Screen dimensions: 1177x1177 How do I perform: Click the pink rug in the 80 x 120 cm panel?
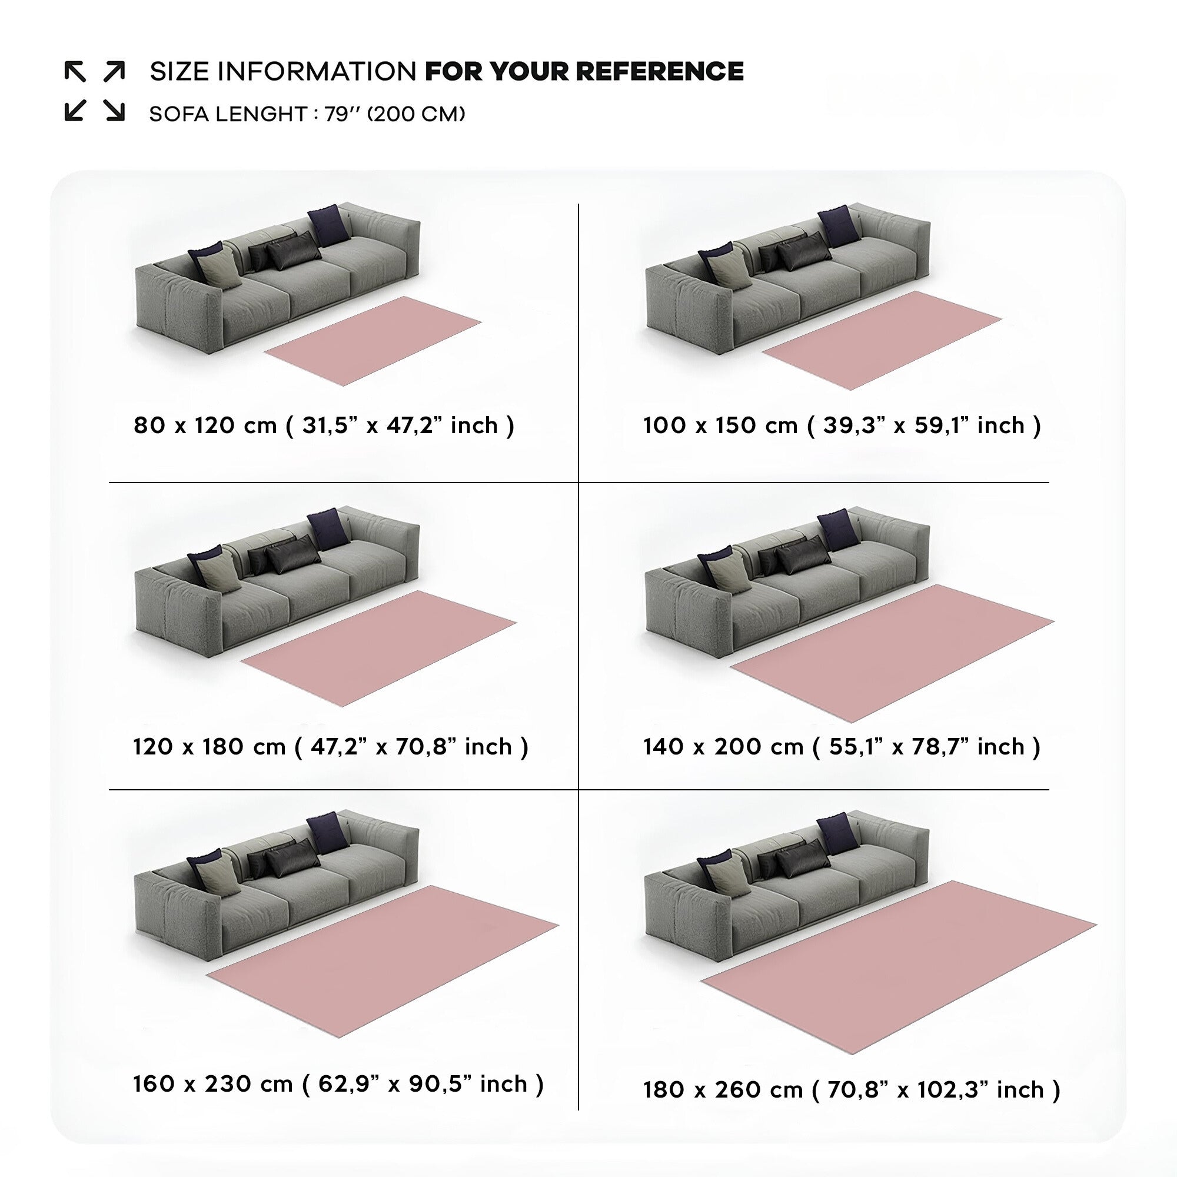[374, 341]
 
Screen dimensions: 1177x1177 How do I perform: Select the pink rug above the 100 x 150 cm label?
[882, 340]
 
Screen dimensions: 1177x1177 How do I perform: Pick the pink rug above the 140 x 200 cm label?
[892, 653]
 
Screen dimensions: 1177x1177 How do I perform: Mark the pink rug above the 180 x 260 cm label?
[899, 969]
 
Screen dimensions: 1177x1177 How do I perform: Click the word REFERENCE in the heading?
[660, 71]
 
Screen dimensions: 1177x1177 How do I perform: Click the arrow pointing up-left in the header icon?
[75, 71]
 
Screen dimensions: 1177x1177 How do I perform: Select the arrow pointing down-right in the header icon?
[115, 110]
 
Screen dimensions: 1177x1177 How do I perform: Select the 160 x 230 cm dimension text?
[213, 1084]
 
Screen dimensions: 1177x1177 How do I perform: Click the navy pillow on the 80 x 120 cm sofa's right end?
[329, 225]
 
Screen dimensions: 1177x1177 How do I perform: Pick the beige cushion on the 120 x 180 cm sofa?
[219, 572]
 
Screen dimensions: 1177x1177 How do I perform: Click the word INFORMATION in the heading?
[316, 71]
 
